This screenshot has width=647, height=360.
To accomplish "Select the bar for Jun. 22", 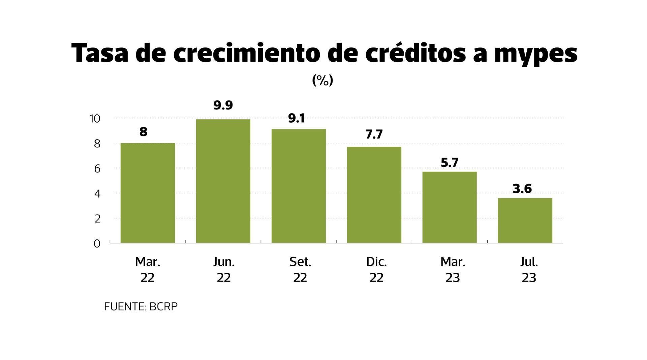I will pos(223,181).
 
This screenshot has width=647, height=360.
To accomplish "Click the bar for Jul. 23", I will pos(525,221).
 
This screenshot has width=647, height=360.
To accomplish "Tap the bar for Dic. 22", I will pos(374,195).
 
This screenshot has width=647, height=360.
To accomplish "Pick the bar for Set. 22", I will pos(299,186).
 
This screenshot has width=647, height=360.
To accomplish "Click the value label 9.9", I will pos(223,105).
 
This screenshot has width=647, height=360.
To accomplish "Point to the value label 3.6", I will pos(522,189).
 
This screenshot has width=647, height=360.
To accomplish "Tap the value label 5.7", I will pos(450,163).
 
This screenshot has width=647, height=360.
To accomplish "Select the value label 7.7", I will pos(374,134).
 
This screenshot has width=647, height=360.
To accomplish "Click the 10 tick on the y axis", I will pos(95,119).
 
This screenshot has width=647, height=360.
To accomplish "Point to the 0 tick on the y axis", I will pos(97,243).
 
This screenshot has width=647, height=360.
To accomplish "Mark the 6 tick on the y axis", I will pos(97,169).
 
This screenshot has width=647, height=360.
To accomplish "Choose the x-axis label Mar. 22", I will pos(148,270).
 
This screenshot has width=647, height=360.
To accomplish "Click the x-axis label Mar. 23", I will pos(453,270).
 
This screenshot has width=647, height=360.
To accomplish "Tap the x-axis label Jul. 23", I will pos(529,270).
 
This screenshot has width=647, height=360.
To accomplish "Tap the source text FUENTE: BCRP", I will pos(141,306).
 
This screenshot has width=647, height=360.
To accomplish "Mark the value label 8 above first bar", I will pos(143,132).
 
